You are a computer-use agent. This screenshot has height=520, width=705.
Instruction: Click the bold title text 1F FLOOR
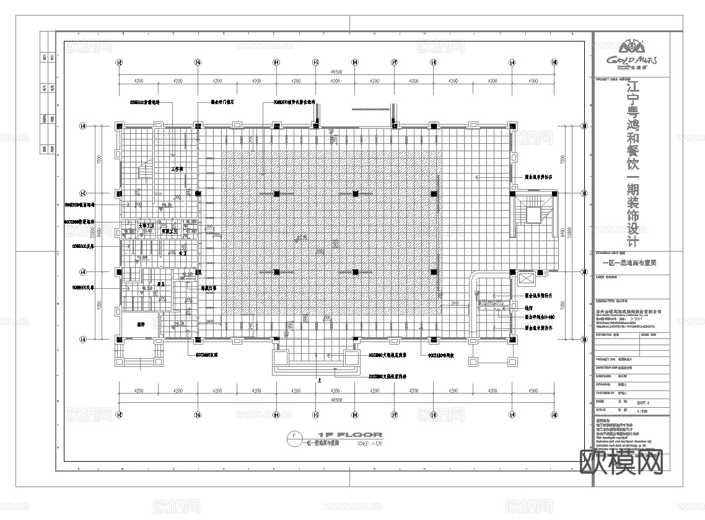349,434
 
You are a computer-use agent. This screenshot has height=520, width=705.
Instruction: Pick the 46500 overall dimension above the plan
336,72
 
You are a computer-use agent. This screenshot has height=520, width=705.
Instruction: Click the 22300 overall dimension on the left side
90,232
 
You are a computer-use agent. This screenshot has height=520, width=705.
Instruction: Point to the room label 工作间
177,169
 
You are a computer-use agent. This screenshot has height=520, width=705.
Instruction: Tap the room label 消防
141,324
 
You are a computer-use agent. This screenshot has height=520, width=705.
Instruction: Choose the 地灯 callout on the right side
529,307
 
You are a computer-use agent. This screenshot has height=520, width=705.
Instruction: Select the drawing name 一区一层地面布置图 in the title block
629,263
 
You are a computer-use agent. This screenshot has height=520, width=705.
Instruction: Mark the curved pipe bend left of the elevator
476,279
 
